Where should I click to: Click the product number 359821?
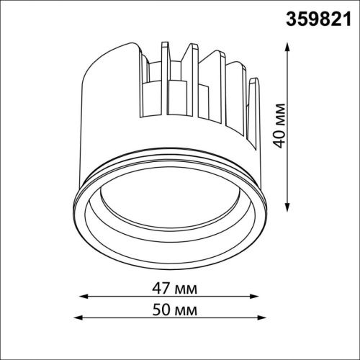pos(318,19)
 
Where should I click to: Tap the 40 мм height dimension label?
pos(279,126)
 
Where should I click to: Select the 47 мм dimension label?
pos(174,289)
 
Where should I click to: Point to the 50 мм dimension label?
pos(175,310)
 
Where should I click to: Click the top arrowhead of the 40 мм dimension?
pos(287,47)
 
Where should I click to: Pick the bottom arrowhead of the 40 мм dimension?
pos(287,207)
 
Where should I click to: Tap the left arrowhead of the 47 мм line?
pos(84,297)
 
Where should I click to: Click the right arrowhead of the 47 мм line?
pos(254,297)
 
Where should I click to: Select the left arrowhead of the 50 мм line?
pos(78,318)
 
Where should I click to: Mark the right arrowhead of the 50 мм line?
pos(262,318)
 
